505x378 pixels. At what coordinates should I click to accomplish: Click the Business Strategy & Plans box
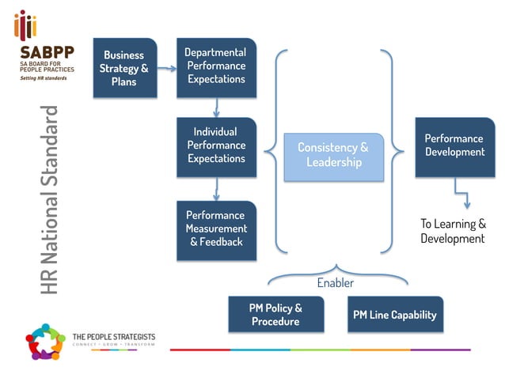pos(124,68)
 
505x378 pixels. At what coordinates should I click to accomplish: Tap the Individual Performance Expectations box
pos(216,146)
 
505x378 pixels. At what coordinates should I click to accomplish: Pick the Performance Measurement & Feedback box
pos(216,229)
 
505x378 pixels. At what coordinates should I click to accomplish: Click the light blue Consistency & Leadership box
pos(332,154)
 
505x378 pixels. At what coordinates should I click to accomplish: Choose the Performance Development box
pos(454,146)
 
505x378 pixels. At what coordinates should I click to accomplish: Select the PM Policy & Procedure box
pos(275,315)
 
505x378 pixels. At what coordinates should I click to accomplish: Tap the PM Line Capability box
pos(394,315)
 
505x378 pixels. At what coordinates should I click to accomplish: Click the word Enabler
pos(336,282)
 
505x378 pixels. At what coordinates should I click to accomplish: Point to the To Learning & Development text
pos(453,231)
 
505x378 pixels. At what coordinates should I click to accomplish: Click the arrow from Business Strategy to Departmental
pos(166,69)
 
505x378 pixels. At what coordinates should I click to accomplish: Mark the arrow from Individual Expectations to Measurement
pos(216,189)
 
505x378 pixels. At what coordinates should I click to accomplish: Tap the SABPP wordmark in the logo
pos(47,53)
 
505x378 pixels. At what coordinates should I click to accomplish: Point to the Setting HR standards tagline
pos(44,77)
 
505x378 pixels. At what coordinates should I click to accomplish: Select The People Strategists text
pos(113,338)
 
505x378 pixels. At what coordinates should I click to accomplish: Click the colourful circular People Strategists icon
pos(44,342)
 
